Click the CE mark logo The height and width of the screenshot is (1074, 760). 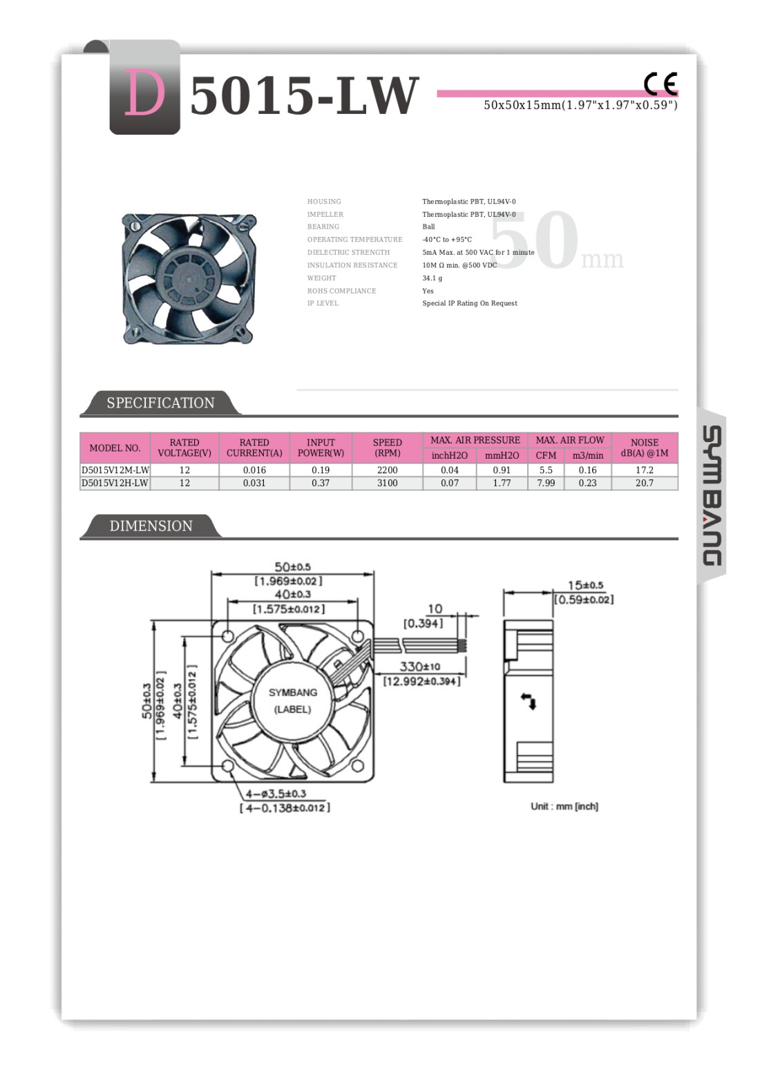(x=661, y=84)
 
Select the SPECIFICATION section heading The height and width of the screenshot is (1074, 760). (x=160, y=403)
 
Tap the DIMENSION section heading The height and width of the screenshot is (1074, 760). (x=151, y=526)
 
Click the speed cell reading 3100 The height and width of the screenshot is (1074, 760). (x=387, y=483)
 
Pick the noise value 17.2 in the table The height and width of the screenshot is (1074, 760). (x=645, y=470)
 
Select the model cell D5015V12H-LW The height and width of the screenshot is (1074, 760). (x=115, y=483)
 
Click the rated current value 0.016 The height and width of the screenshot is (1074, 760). (x=254, y=470)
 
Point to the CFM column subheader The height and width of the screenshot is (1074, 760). (x=546, y=455)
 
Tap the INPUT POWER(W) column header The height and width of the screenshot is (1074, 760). (x=321, y=448)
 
